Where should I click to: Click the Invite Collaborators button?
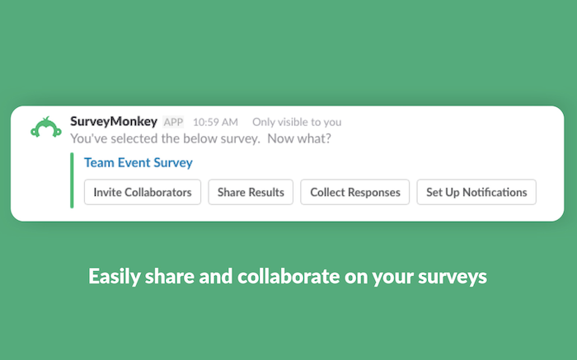pyautogui.click(x=143, y=192)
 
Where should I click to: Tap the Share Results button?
pyautogui.click(x=251, y=192)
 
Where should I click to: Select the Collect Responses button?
pyautogui.click(x=355, y=192)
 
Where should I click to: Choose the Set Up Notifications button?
pyautogui.click(x=476, y=192)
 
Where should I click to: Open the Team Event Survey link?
pyautogui.click(x=138, y=162)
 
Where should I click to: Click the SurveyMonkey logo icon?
pyautogui.click(x=46, y=127)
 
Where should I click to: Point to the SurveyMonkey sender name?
pyautogui.click(x=114, y=121)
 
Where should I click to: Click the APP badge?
pyautogui.click(x=173, y=122)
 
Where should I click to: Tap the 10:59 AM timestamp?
pyautogui.click(x=215, y=122)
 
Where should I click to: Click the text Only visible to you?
pyautogui.click(x=297, y=122)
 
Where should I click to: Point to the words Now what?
pyautogui.click(x=299, y=138)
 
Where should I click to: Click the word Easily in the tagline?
pyautogui.click(x=115, y=277)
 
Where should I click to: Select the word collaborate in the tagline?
pyautogui.click(x=288, y=276)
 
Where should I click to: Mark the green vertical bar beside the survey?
pyautogui.click(x=72, y=180)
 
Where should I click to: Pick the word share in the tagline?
pyautogui.click(x=169, y=276)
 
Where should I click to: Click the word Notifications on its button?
pyautogui.click(x=495, y=192)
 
